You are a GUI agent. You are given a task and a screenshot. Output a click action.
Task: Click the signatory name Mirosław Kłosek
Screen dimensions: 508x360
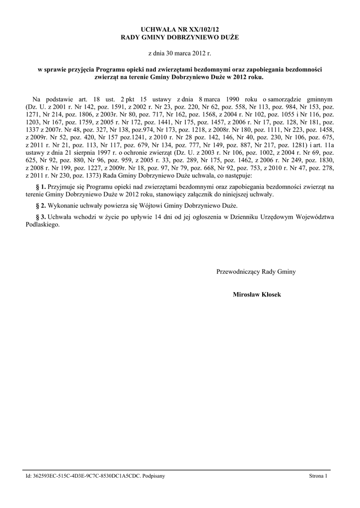257,295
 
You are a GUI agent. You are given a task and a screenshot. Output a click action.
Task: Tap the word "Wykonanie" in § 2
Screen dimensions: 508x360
63,205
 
